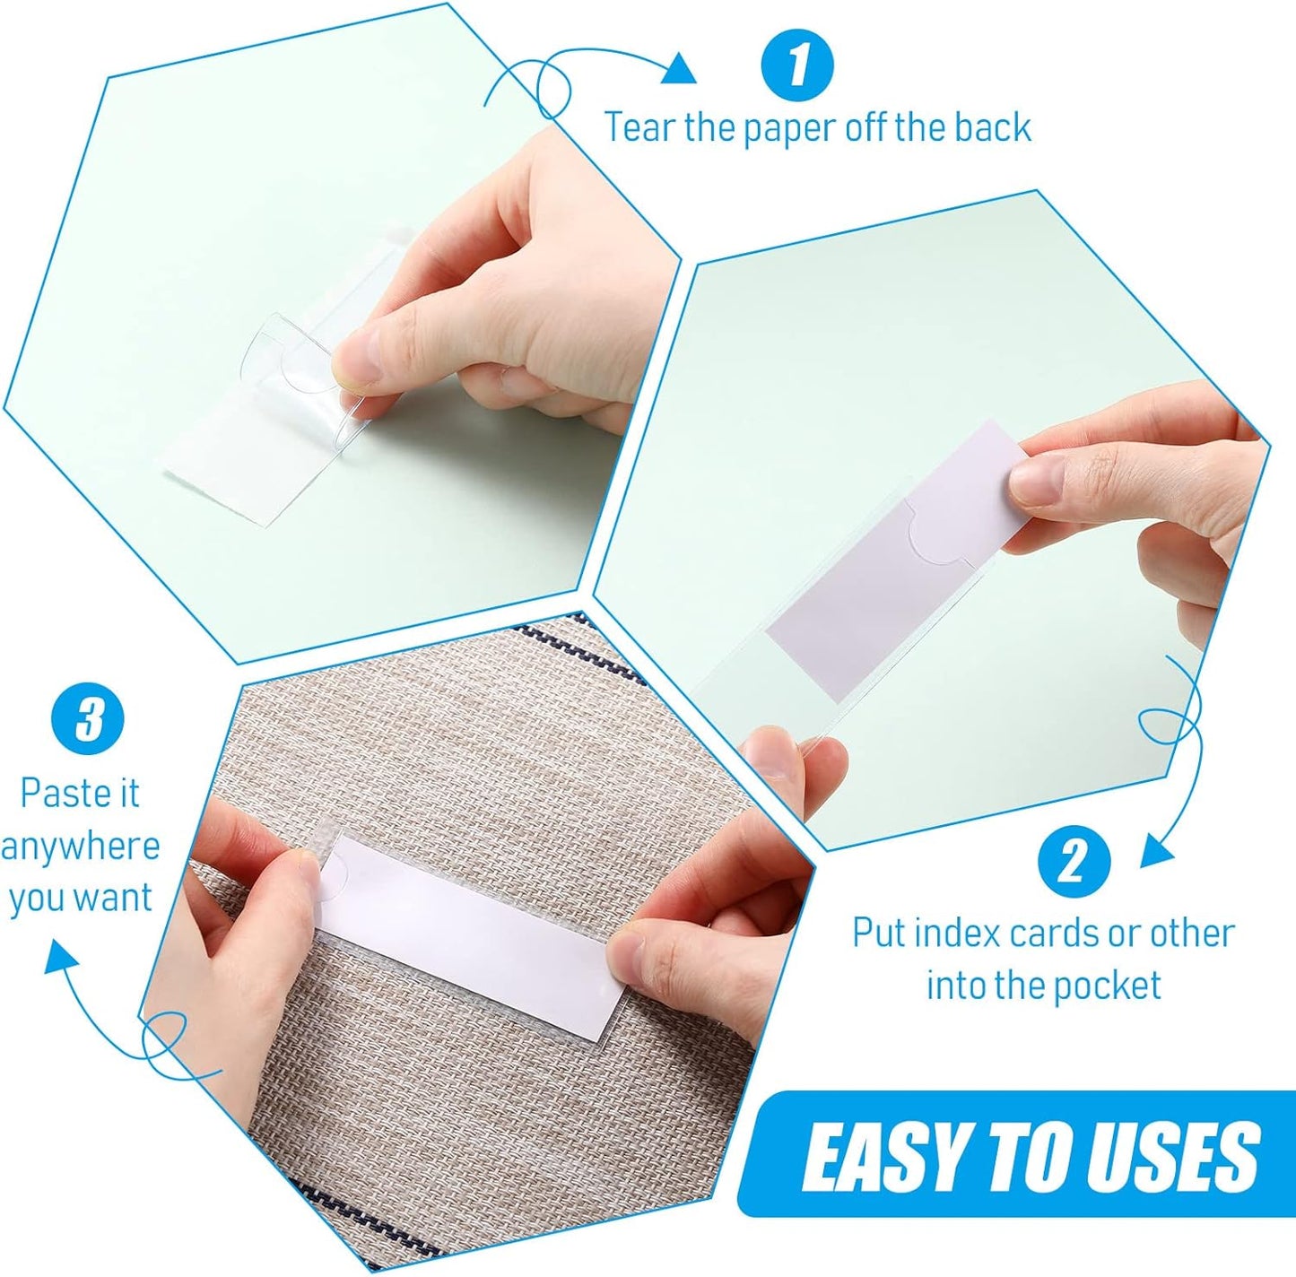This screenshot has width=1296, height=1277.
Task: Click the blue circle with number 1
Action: [x=796, y=65]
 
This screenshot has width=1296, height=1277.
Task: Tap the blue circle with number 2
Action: [x=1074, y=862]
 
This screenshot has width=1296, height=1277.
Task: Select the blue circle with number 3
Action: [x=88, y=719]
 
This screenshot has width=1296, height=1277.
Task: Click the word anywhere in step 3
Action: [x=80, y=847]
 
